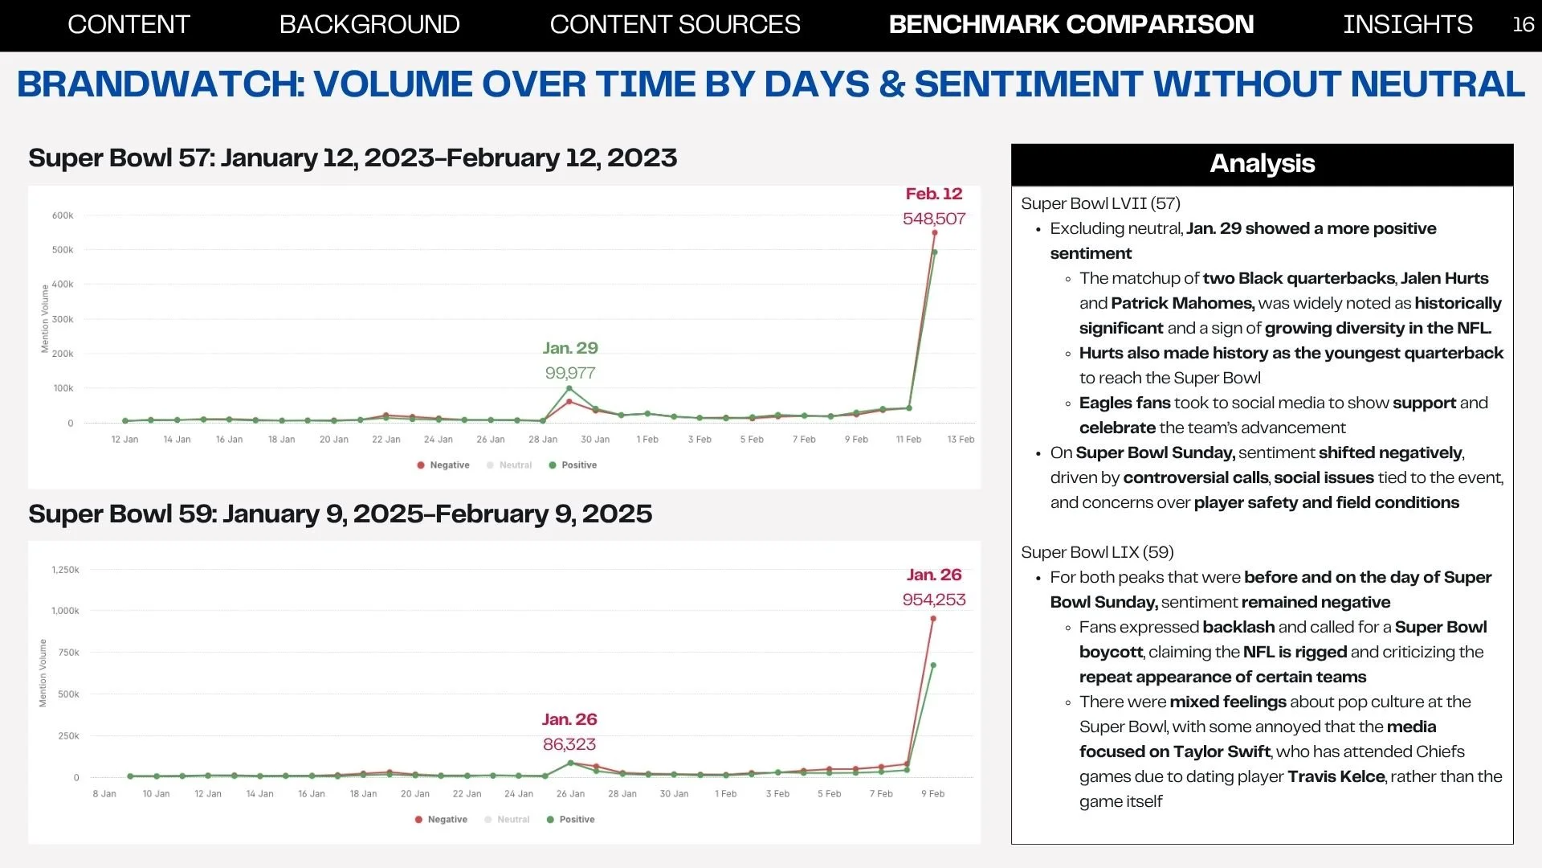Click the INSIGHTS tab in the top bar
point(1407,24)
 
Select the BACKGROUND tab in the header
point(369,24)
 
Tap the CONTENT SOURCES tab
point(675,24)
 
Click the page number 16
point(1523,24)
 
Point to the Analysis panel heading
point(1262,163)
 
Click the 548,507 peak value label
point(934,219)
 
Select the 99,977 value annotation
point(570,373)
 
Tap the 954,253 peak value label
point(934,600)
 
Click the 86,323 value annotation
point(569,744)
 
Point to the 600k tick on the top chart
point(63,215)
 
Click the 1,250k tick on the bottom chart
point(65,570)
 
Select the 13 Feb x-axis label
point(961,440)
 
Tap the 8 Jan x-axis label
point(104,794)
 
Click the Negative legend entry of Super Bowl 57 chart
point(443,465)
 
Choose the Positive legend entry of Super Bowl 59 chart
point(570,820)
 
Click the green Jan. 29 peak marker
point(569,389)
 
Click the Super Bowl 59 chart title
point(340,514)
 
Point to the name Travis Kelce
point(1336,776)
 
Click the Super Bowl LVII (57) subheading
point(1100,203)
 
